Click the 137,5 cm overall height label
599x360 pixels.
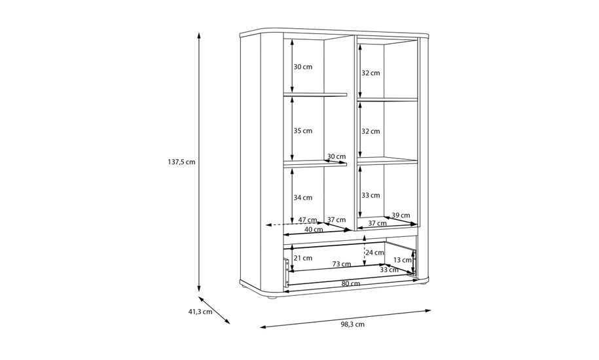click(x=181, y=162)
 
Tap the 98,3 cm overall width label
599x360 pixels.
click(x=353, y=325)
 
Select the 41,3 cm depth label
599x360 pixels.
click(x=200, y=312)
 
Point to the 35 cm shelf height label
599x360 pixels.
click(x=303, y=131)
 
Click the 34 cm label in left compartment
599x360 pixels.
click(x=303, y=198)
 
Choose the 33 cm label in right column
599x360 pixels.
click(x=371, y=196)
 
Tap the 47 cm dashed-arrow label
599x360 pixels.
click(x=308, y=220)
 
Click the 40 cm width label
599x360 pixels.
click(x=314, y=230)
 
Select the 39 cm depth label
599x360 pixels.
click(x=401, y=215)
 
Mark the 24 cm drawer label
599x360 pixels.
click(x=374, y=253)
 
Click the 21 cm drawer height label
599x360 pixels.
click(x=303, y=258)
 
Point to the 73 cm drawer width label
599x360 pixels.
click(x=342, y=264)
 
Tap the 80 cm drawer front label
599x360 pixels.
click(x=351, y=283)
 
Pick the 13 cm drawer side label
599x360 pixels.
click(x=402, y=261)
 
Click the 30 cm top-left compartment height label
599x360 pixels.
click(x=303, y=67)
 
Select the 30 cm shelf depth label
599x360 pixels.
click(x=336, y=156)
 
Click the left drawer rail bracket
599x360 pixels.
click(x=286, y=272)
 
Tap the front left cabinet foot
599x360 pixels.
click(x=271, y=297)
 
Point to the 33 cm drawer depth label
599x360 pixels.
click(x=390, y=270)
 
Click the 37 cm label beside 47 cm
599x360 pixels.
click(x=336, y=220)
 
